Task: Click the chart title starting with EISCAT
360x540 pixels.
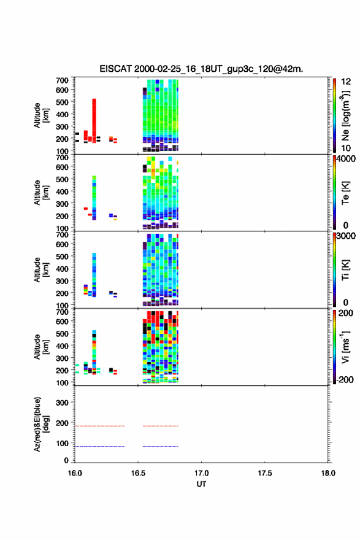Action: [201, 69]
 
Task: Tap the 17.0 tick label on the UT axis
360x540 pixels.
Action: [201, 473]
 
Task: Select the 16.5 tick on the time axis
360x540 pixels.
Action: [138, 473]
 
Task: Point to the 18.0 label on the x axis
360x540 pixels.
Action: [328, 473]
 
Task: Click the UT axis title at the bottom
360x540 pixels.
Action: [201, 484]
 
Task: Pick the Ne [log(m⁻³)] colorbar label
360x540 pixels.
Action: [345, 115]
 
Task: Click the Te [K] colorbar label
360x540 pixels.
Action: [345, 193]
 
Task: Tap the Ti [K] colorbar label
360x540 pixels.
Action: [345, 270]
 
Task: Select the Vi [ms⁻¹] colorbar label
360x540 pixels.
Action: [345, 347]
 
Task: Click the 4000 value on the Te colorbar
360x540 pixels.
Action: [346, 159]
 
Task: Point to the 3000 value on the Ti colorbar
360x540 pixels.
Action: [346, 236]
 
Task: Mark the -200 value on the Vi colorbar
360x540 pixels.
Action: [345, 379]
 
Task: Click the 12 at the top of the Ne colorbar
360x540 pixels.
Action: [346, 82]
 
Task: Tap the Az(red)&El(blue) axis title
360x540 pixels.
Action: [40, 424]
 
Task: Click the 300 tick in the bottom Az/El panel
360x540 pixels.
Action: [62, 403]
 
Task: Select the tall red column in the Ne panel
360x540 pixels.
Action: [94, 121]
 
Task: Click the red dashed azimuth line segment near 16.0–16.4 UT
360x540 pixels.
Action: [100, 426]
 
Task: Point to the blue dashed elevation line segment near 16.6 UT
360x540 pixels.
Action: [161, 446]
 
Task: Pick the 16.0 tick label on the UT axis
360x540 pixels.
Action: [75, 473]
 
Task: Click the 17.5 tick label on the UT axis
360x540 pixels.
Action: [265, 473]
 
